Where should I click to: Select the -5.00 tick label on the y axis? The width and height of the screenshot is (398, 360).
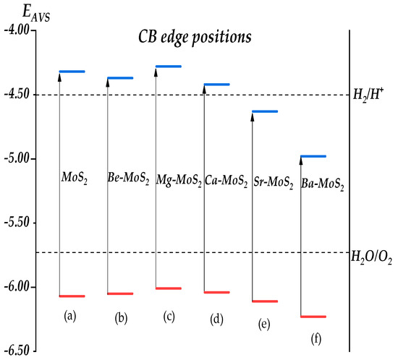pyautogui.click(x=17, y=159)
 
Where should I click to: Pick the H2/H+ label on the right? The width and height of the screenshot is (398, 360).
pyautogui.click(x=369, y=95)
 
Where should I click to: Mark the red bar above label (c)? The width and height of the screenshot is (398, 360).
pyautogui.click(x=169, y=288)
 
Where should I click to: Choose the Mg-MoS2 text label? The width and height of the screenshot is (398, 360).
pyautogui.click(x=178, y=179)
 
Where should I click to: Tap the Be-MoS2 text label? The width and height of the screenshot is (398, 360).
pyautogui.click(x=131, y=179)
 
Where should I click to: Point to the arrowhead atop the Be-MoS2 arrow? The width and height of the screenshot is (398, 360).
pyautogui.click(x=108, y=82)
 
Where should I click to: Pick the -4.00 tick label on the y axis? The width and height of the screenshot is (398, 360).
pyautogui.click(x=17, y=30)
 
